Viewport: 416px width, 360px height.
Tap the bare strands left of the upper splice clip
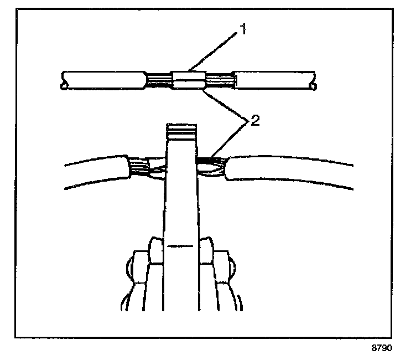click(159, 81)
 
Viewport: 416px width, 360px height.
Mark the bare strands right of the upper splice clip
click(219, 80)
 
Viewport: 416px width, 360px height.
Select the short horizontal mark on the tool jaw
click(180, 245)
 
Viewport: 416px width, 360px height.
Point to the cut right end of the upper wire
click(314, 80)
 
